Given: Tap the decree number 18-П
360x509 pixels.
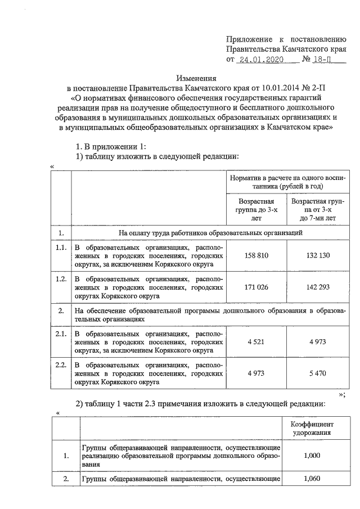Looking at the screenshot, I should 325,59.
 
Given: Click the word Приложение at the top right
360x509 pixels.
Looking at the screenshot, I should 247,39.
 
